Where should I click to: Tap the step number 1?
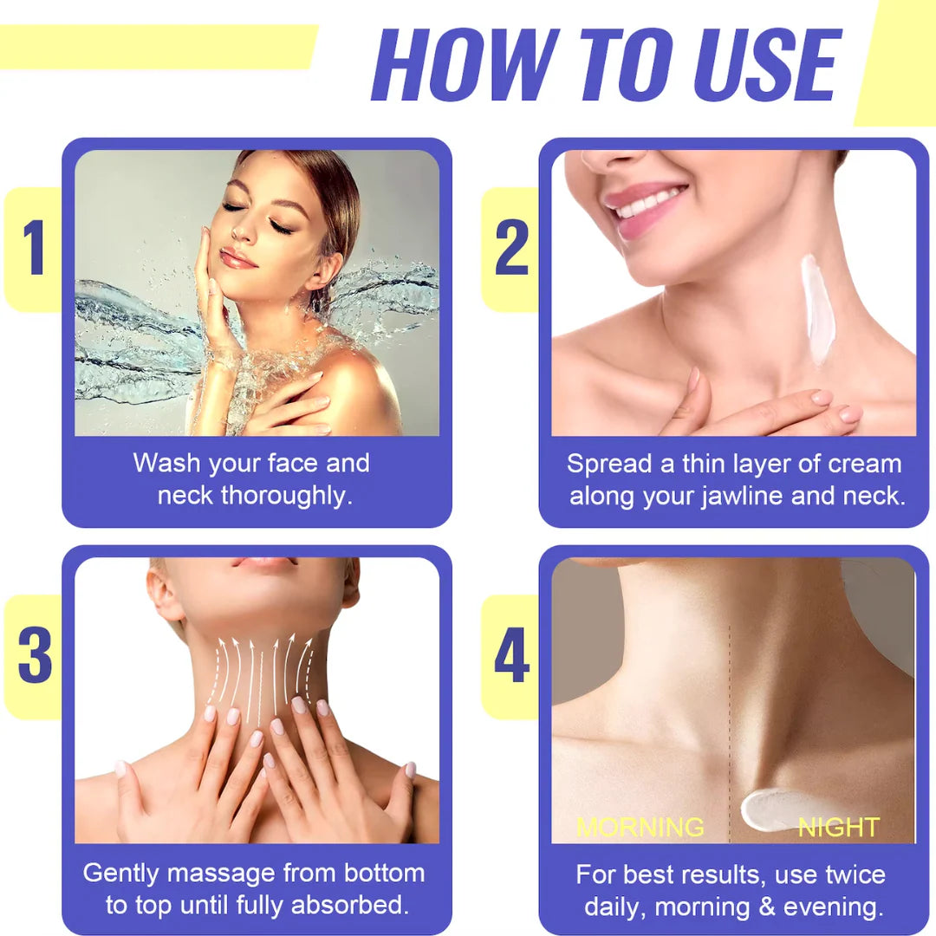(x=33, y=249)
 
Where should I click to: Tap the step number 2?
(x=511, y=249)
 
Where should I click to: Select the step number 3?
(x=35, y=656)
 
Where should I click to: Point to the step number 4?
(x=512, y=656)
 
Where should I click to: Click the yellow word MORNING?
(x=640, y=826)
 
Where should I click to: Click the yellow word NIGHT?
(x=838, y=827)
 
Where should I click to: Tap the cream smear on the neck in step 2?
(x=816, y=308)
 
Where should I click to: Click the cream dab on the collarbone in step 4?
(x=771, y=808)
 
